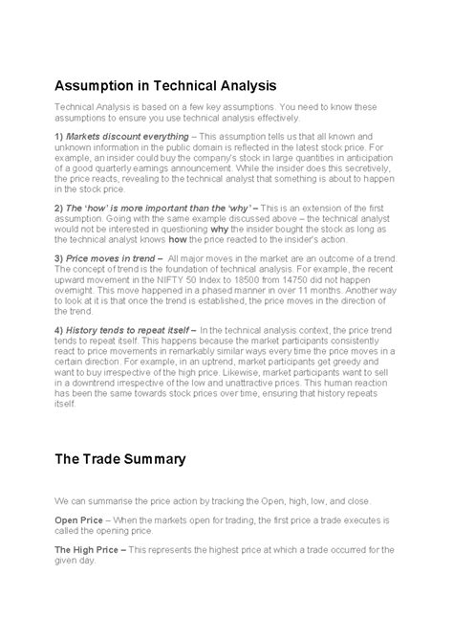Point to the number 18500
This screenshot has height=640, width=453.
289,283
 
